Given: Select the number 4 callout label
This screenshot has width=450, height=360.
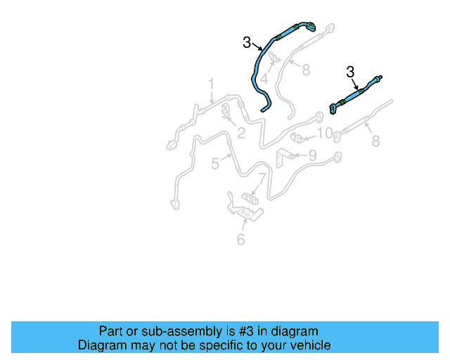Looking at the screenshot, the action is click(x=264, y=79).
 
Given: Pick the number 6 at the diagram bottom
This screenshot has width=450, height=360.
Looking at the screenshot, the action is click(x=240, y=240).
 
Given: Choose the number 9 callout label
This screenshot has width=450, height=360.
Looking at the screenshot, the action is click(x=311, y=155).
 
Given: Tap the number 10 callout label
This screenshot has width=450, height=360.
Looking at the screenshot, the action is click(x=324, y=133).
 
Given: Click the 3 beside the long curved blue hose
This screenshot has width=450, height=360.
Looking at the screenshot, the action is click(x=247, y=43).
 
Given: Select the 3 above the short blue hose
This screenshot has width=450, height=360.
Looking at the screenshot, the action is click(x=351, y=71).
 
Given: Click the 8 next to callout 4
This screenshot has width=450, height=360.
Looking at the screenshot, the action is click(x=306, y=70).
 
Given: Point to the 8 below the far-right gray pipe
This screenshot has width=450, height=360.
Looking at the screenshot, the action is click(x=375, y=141).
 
